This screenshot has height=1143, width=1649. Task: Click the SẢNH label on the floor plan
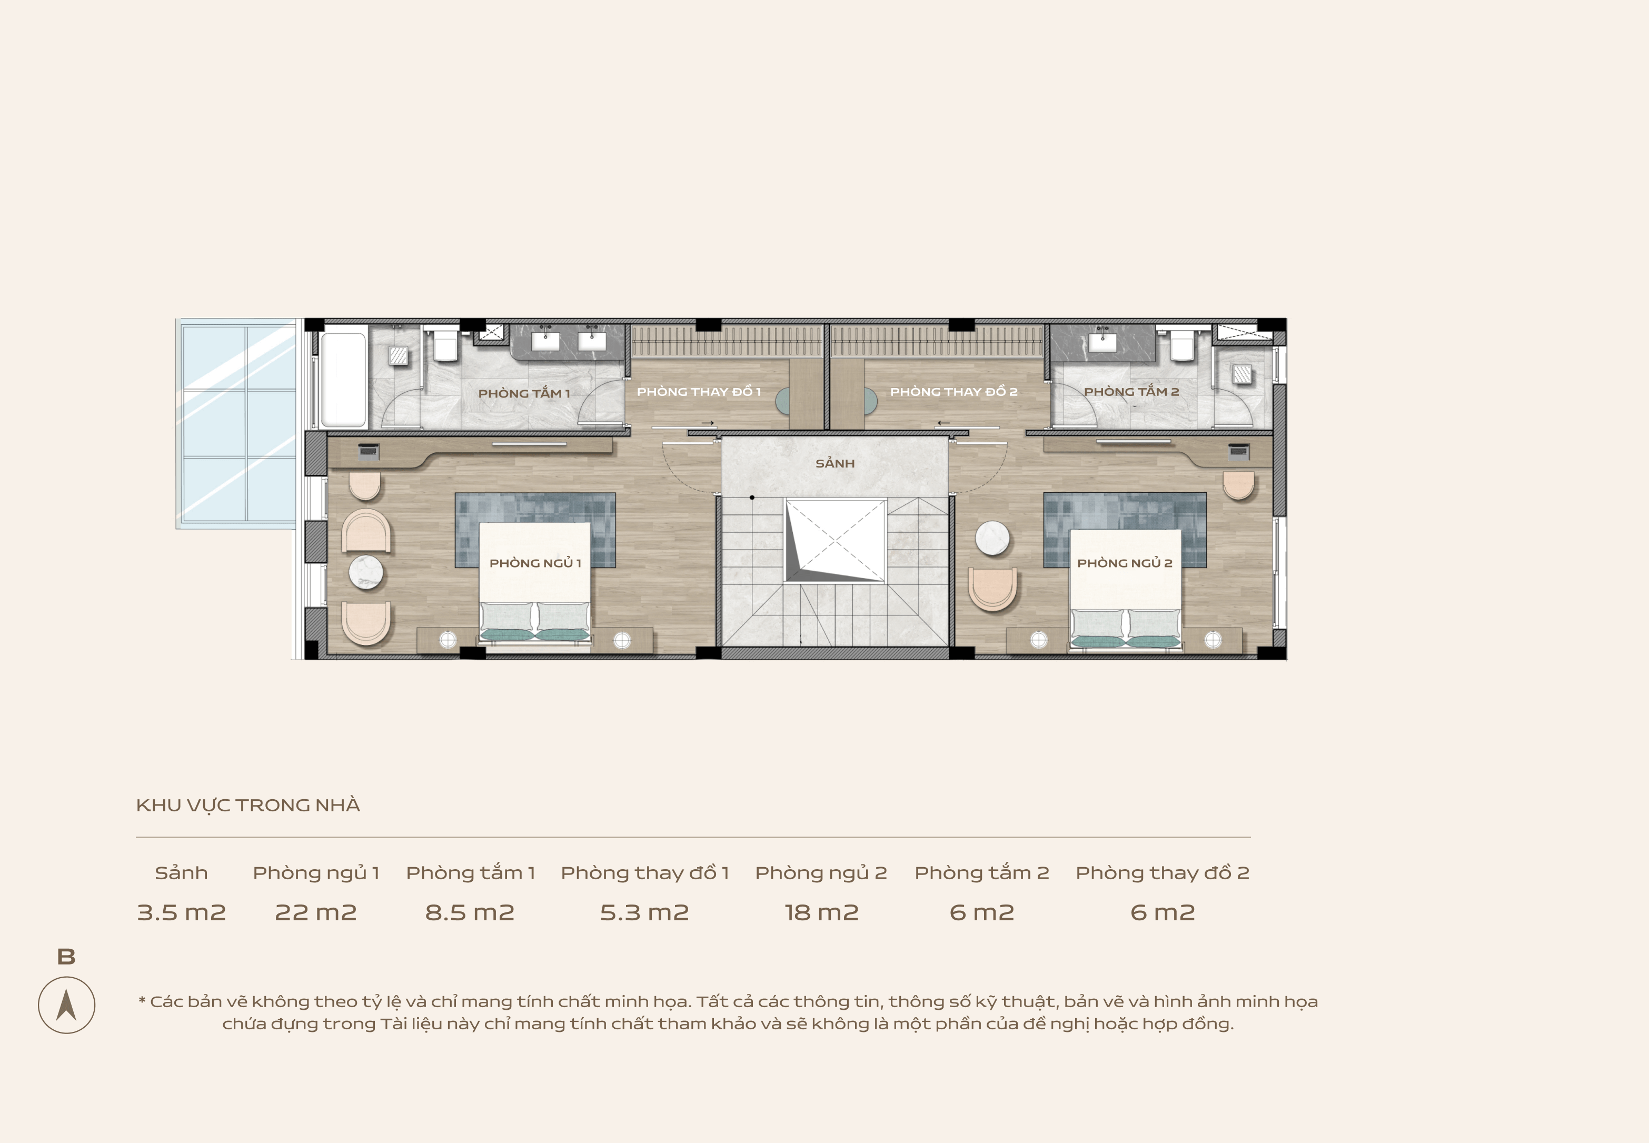click(835, 463)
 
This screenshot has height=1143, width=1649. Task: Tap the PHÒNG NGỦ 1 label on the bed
click(535, 563)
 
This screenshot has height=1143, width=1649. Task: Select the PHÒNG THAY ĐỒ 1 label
click(699, 391)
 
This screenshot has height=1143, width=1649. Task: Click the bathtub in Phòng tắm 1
click(344, 380)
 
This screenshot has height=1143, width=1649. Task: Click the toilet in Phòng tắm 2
click(1181, 344)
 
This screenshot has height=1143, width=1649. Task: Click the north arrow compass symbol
click(66, 1005)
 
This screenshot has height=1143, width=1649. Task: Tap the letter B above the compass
click(66, 957)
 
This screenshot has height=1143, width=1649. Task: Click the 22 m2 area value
click(316, 912)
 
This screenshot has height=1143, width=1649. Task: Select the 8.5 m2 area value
click(470, 912)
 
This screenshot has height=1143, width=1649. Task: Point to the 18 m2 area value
click(821, 912)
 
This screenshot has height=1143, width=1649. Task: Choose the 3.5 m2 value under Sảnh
click(181, 912)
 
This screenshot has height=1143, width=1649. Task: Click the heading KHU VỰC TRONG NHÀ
click(248, 806)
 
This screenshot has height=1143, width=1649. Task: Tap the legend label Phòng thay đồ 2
click(1162, 873)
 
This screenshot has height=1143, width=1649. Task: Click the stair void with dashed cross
click(836, 541)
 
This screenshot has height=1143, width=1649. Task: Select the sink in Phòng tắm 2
click(1102, 341)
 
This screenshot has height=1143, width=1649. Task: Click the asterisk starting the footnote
click(142, 999)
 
